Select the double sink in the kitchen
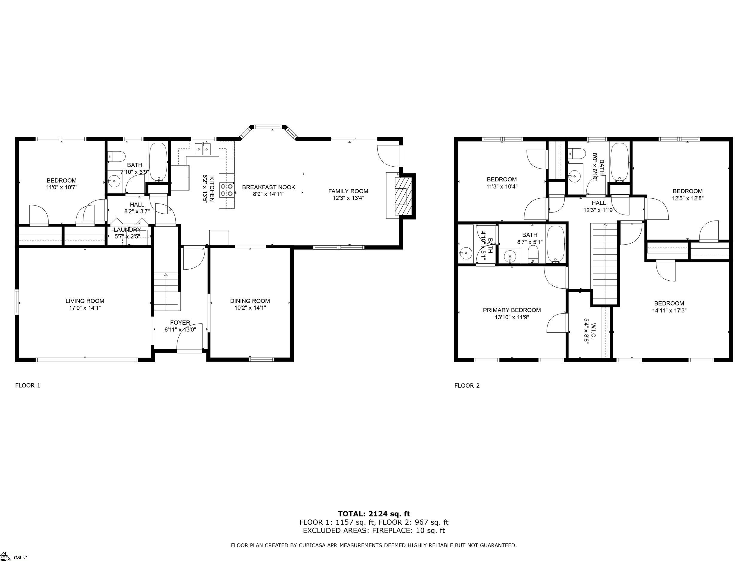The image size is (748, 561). click(203, 149)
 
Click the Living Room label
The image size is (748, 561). click(85, 301)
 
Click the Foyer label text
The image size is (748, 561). click(180, 323)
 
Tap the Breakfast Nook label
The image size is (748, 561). click(268, 187)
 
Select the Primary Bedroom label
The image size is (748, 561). click(512, 310)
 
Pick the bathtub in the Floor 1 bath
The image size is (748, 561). click(158, 162)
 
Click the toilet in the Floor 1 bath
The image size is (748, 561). click(116, 156)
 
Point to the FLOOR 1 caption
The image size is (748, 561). click(28, 385)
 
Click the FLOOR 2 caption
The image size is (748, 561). click(467, 385)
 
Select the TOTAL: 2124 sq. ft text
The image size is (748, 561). click(374, 514)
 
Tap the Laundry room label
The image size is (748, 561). click(127, 230)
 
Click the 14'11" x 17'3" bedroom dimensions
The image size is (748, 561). click(669, 311)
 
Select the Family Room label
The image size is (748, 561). click(348, 191)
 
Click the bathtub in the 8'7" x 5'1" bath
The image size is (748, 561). click(556, 244)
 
